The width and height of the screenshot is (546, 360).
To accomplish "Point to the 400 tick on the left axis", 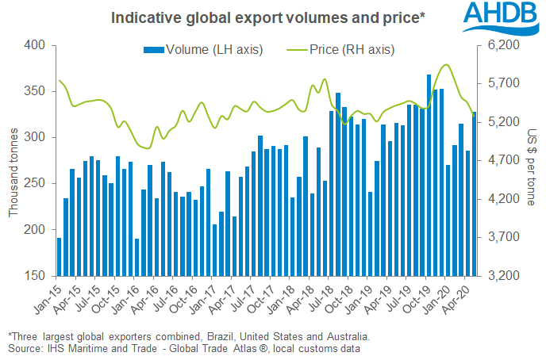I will point(36,45).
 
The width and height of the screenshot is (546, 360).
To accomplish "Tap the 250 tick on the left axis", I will point(36,184).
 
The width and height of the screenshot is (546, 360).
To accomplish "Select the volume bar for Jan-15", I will point(59,257).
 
